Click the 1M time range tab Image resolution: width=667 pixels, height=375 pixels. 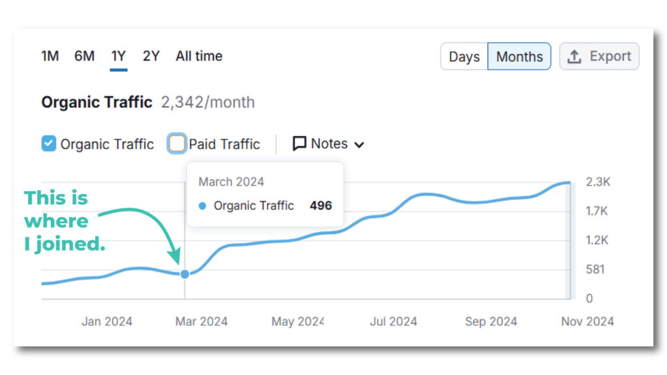(x=50, y=56)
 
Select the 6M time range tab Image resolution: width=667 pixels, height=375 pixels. (x=84, y=56)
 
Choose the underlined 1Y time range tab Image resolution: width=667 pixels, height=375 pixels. (x=119, y=56)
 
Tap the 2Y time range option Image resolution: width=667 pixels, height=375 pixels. (x=151, y=56)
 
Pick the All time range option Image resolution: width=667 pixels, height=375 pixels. (x=199, y=56)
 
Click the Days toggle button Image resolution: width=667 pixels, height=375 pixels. (x=464, y=57)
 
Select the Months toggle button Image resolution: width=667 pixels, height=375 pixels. (x=519, y=57)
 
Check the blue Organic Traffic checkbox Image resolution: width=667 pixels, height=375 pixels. (x=49, y=144)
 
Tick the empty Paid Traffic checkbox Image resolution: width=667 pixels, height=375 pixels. (x=177, y=144)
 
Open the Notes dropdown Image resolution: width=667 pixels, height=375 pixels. (x=328, y=144)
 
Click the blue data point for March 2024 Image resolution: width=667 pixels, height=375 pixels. (x=185, y=274)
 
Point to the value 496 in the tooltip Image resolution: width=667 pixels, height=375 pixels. (x=320, y=206)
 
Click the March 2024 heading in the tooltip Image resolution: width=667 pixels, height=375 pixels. (x=231, y=182)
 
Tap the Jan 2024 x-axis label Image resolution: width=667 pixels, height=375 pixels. (x=107, y=322)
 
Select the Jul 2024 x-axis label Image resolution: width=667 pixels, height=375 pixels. (x=393, y=322)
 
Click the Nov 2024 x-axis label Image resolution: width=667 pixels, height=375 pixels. (x=587, y=322)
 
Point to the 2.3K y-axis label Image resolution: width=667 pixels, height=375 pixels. (x=597, y=182)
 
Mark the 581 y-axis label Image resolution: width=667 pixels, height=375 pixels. (x=595, y=269)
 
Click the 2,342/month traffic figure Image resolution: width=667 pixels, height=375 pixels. (x=208, y=102)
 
